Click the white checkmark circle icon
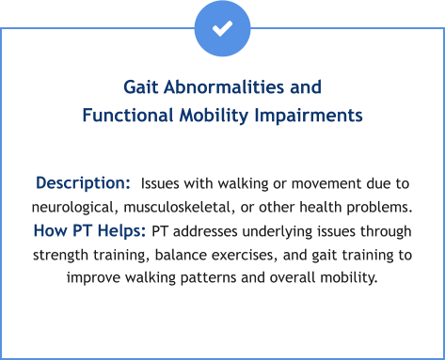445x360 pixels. click(x=222, y=28)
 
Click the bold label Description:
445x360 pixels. click(x=83, y=181)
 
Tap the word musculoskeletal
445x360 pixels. click(x=188, y=206)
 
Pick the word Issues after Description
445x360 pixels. click(x=163, y=182)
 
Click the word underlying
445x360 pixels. click(x=264, y=231)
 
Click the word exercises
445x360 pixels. click(x=246, y=255)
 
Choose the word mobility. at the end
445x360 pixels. click(x=344, y=279)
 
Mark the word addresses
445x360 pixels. click(x=199, y=231)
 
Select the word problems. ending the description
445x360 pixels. click(x=379, y=206)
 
